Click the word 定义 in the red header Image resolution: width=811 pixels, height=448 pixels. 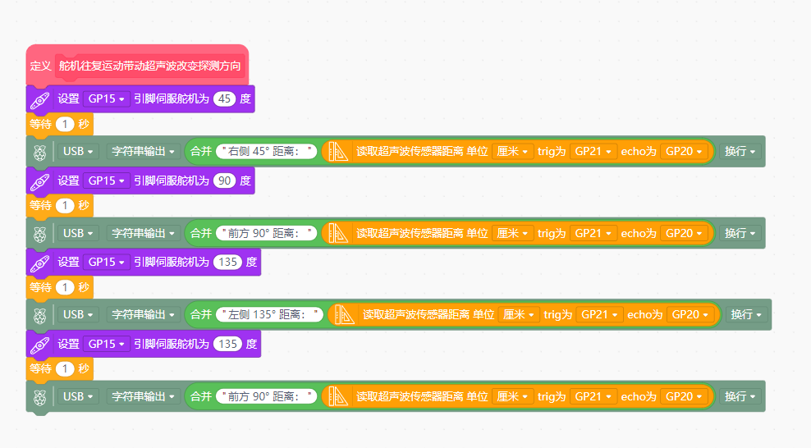(x=40, y=66)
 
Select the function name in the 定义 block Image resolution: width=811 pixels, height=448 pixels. (x=149, y=66)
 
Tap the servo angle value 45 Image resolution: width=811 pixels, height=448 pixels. (x=224, y=98)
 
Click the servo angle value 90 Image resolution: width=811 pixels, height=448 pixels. (x=224, y=181)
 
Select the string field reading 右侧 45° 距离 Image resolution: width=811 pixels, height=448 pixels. (x=267, y=152)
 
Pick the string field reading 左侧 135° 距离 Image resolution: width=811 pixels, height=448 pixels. (x=269, y=315)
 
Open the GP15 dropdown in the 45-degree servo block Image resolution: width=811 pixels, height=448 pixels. (x=106, y=98)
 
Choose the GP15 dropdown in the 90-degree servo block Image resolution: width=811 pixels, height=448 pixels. (x=106, y=181)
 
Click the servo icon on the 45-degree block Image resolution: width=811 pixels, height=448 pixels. (x=40, y=100)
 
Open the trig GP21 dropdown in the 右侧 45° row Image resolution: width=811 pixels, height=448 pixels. (x=593, y=152)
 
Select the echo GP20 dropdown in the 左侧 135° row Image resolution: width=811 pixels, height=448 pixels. (x=690, y=315)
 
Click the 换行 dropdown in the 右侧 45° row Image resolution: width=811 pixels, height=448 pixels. (x=740, y=152)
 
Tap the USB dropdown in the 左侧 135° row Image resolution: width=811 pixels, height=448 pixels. (x=78, y=315)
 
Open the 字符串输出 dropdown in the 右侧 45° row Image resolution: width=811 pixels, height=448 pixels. (x=144, y=152)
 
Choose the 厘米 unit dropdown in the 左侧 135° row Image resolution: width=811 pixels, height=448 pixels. (x=519, y=315)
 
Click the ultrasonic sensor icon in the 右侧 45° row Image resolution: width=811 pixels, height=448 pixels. (x=338, y=152)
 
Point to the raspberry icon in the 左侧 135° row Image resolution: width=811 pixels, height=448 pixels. (x=40, y=316)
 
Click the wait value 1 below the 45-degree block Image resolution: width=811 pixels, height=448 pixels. (x=65, y=124)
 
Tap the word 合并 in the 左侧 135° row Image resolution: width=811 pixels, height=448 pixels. (x=200, y=315)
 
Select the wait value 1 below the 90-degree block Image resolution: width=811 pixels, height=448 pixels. (x=65, y=206)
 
